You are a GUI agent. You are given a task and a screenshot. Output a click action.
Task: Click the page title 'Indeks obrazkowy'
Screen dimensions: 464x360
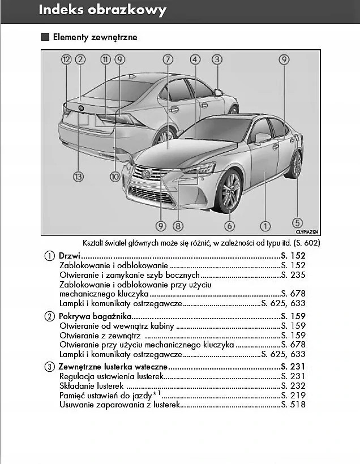click(102, 10)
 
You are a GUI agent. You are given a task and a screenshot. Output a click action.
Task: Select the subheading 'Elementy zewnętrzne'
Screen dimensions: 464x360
click(95, 38)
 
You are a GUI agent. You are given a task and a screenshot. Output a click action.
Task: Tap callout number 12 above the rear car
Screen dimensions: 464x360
click(67, 59)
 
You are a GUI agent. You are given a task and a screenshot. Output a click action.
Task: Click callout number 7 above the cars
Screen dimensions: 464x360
click(168, 59)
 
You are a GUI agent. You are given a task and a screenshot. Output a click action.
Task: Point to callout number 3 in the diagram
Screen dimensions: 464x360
click(217, 59)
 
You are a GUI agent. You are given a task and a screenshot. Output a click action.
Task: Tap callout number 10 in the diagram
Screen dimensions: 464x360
click(115, 177)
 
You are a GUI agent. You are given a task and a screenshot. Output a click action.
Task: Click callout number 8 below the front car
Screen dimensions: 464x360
click(178, 226)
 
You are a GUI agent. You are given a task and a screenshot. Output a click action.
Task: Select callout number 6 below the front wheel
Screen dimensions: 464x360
click(230, 226)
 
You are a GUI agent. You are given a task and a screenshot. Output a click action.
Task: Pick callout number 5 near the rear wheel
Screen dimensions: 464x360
click(298, 223)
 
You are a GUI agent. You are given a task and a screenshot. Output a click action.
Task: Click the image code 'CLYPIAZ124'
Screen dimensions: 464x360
click(307, 232)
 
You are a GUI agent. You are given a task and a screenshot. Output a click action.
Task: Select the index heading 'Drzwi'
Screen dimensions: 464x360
click(70, 256)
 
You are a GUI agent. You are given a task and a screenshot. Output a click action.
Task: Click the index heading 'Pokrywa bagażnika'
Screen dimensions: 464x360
click(95, 316)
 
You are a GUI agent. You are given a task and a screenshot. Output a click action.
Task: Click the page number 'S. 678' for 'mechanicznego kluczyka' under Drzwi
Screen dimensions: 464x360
click(293, 294)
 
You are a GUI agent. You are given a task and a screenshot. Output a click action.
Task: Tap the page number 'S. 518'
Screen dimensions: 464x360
click(293, 405)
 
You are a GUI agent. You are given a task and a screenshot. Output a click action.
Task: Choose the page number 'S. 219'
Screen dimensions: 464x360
click(293, 395)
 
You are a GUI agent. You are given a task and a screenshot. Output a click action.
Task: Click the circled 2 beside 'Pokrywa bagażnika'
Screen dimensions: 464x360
click(49, 316)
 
